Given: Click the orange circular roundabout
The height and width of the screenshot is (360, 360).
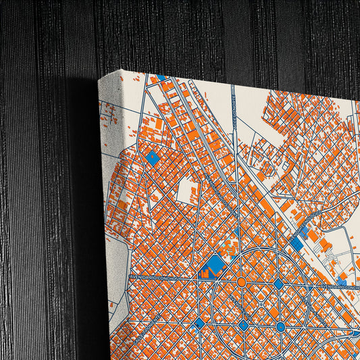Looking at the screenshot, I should [241, 282].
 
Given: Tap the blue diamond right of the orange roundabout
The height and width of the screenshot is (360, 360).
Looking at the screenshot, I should [278, 284].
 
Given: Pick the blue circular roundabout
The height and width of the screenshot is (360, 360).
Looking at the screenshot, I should [280, 327].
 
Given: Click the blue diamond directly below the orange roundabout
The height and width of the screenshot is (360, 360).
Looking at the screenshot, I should [243, 325].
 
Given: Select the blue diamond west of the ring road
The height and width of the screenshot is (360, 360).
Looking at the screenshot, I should [199, 324].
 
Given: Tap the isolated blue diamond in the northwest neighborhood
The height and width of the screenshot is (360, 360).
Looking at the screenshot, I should [153, 159].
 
